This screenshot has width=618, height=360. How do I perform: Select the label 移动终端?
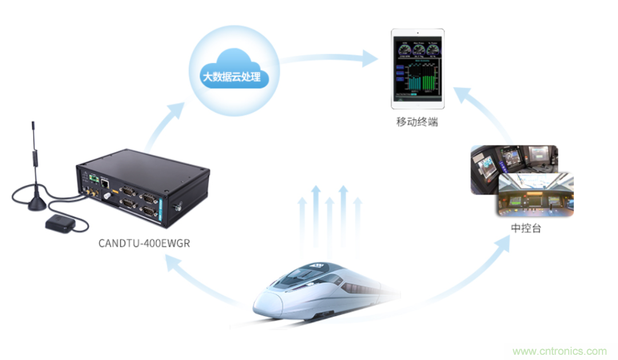[417, 122]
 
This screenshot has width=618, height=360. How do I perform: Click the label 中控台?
[526, 228]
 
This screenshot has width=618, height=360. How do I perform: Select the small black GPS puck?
[60, 223]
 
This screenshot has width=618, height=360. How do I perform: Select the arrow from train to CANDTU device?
[189, 275]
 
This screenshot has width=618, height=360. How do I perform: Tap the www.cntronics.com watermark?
[560, 351]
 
